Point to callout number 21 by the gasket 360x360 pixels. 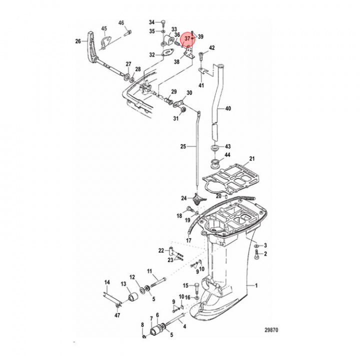pyautogui.click(x=252, y=159)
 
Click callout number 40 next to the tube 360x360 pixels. pyautogui.click(x=228, y=108)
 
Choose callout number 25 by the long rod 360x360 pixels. pyautogui.click(x=183, y=146)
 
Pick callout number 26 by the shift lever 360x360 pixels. pyautogui.click(x=77, y=41)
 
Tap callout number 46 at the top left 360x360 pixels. pyautogui.click(x=121, y=23)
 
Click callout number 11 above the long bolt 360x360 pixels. pyautogui.click(x=149, y=271)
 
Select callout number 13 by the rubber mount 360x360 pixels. pyautogui.click(x=123, y=284)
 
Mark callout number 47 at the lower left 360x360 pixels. pyautogui.click(x=117, y=315)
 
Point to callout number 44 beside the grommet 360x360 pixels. pyautogui.click(x=227, y=155)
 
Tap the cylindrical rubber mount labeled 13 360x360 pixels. pyautogui.click(x=134, y=298)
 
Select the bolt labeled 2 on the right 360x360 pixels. pyautogui.click(x=257, y=257)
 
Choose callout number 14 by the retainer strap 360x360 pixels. pyautogui.click(x=106, y=282)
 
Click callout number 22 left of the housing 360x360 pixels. pyautogui.click(x=161, y=250)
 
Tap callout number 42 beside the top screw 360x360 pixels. pyautogui.click(x=211, y=48)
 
